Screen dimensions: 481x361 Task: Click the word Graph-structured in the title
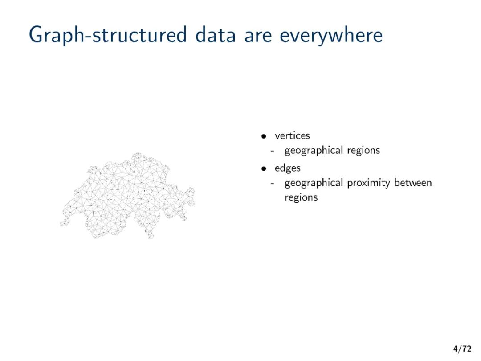108,35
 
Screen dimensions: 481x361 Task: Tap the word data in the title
216,35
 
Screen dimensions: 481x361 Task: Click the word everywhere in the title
331,36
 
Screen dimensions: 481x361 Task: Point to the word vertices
292,135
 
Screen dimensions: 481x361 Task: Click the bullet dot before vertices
264,136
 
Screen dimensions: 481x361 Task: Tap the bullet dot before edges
264,168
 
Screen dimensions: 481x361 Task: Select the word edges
287,168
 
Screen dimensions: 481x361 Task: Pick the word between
413,183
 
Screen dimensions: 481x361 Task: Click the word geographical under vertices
314,151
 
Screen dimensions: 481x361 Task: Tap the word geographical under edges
314,183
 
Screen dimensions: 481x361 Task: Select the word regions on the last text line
301,197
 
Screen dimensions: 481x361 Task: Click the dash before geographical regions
272,151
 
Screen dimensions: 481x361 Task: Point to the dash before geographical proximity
272,183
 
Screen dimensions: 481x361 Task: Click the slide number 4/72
462,349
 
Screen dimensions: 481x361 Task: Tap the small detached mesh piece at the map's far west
64,223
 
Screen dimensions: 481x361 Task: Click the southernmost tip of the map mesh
151,238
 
